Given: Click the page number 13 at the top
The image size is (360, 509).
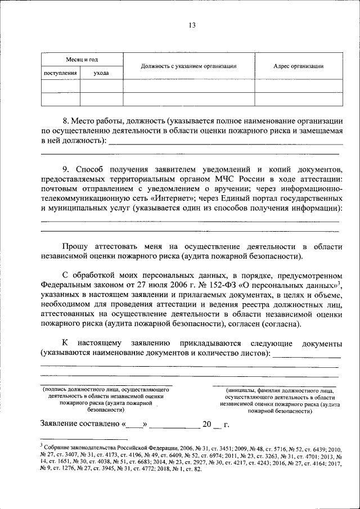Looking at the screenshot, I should coord(191,25).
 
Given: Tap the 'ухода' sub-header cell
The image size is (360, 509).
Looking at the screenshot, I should coord(101,74).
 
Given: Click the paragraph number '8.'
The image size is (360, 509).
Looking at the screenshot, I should coord(65,120).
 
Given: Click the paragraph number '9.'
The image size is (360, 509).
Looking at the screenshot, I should coord(65,169).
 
